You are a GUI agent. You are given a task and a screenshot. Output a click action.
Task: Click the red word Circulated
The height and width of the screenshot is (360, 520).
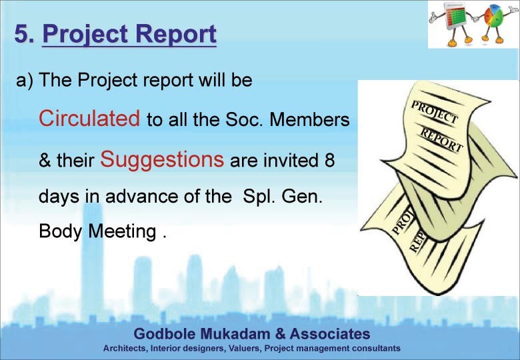pos(89,118)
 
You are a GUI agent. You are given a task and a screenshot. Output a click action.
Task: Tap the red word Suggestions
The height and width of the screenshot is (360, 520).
pos(162,160)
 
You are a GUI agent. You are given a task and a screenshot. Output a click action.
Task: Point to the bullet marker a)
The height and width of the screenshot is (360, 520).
pos(25,81)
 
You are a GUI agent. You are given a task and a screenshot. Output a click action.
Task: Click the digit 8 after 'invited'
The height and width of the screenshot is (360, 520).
pos(329,160)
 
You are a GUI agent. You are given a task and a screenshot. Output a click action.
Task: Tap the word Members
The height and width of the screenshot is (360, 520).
pos(309,119)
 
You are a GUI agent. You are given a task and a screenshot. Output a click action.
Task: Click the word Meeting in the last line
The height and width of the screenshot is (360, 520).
pos(123,231)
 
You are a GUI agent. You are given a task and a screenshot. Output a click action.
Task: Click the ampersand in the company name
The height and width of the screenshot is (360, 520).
pos(280,334)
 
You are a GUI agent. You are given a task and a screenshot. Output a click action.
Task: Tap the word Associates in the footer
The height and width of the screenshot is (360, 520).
pos(330,334)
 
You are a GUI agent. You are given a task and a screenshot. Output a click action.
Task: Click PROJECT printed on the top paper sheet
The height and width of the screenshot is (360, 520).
pos(435,113)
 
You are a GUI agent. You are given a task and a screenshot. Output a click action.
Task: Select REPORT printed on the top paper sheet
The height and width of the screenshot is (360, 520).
pos(442,140)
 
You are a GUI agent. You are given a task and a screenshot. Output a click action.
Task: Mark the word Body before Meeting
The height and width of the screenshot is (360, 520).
pos(60,231)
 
